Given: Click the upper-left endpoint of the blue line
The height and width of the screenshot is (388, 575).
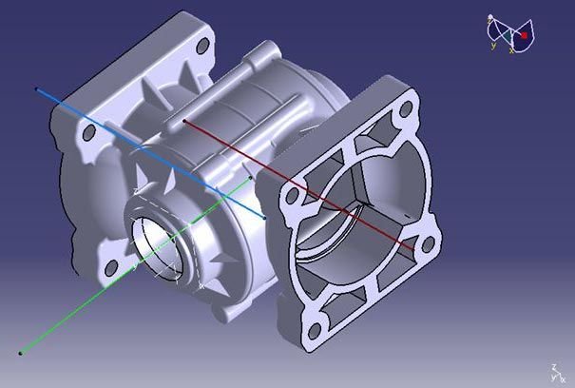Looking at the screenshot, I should [37, 90].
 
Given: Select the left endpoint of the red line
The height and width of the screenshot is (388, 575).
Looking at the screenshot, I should [183, 122].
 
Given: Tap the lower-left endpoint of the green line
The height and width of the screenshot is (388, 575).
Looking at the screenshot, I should [20, 354].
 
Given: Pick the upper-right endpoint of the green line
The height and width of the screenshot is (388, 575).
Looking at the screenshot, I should [249, 178].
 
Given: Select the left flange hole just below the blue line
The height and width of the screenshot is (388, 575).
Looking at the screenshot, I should [88, 133].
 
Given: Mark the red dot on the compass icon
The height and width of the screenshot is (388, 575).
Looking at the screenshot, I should [523, 35].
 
